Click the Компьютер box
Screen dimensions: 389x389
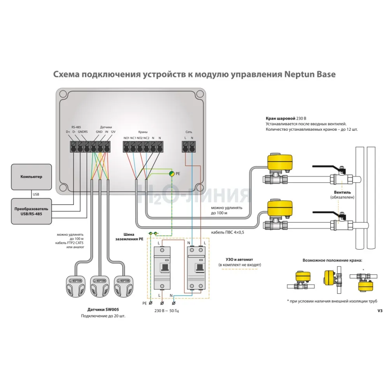31,177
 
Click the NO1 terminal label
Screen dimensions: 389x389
126,138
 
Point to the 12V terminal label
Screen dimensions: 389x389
113,132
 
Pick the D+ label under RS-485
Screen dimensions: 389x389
68,132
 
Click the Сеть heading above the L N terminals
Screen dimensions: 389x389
189,132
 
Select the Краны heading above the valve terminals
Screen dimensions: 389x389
143,132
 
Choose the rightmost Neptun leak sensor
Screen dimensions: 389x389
124,287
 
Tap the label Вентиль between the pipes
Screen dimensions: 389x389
343,192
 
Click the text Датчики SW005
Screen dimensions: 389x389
103,310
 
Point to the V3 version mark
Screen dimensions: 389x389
380,311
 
